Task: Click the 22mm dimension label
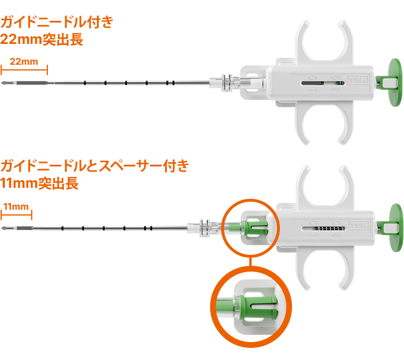pos(24,62)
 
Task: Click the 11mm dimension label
pos(16,206)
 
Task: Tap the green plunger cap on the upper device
pos(395,83)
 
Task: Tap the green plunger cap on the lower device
pos(396,228)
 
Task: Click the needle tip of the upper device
pos(1,83)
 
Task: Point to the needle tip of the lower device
pos(1,228)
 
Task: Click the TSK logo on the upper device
pos(358,80)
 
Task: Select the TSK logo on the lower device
pos(359,225)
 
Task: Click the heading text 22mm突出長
pos(42,39)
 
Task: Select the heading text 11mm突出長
pos(39,183)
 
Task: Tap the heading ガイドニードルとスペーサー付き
pos(95,166)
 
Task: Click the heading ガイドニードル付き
pos(57,21)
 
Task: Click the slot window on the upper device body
pos(323,83)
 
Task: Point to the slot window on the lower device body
pos(323,228)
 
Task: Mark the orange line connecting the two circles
pos(250,261)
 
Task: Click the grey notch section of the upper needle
pos(32,83)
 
